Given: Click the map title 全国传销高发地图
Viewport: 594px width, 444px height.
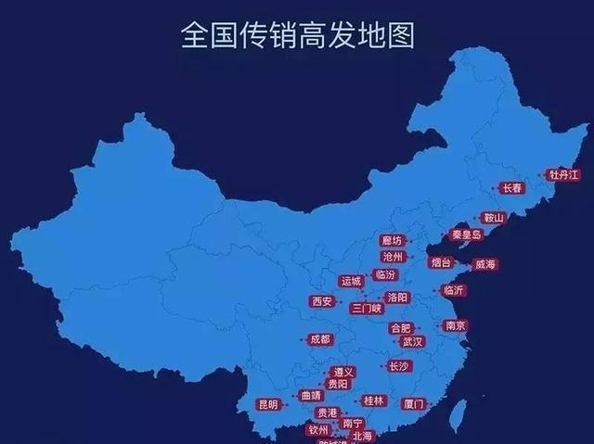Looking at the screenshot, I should [297, 35].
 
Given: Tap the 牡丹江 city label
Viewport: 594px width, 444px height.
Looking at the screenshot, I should [563, 174].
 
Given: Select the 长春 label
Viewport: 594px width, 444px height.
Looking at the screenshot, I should [512, 187].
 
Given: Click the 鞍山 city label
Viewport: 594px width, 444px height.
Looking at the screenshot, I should [493, 218].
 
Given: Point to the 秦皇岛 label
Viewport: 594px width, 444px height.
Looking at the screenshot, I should [467, 235].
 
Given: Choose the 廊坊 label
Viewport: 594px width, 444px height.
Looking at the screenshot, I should [393, 240].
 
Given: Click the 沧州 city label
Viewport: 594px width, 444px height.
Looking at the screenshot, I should [393, 256].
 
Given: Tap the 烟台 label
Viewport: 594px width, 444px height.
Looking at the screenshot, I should [441, 262].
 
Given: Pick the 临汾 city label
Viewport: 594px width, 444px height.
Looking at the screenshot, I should [384, 274].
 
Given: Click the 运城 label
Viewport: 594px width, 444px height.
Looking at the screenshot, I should [352, 281].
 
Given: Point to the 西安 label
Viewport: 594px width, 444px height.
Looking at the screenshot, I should [322, 301].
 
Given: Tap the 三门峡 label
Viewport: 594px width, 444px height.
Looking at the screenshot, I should [367, 308].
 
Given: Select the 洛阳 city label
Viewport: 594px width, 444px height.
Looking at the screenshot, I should [397, 298].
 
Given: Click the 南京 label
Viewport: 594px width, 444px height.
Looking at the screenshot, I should [455, 325].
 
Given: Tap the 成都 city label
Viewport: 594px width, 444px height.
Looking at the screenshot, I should [319, 339].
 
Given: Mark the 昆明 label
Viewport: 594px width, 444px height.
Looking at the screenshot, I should [267, 404].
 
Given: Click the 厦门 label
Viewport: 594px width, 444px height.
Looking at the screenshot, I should [414, 404].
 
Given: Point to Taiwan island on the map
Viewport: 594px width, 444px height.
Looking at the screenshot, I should [457, 414].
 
